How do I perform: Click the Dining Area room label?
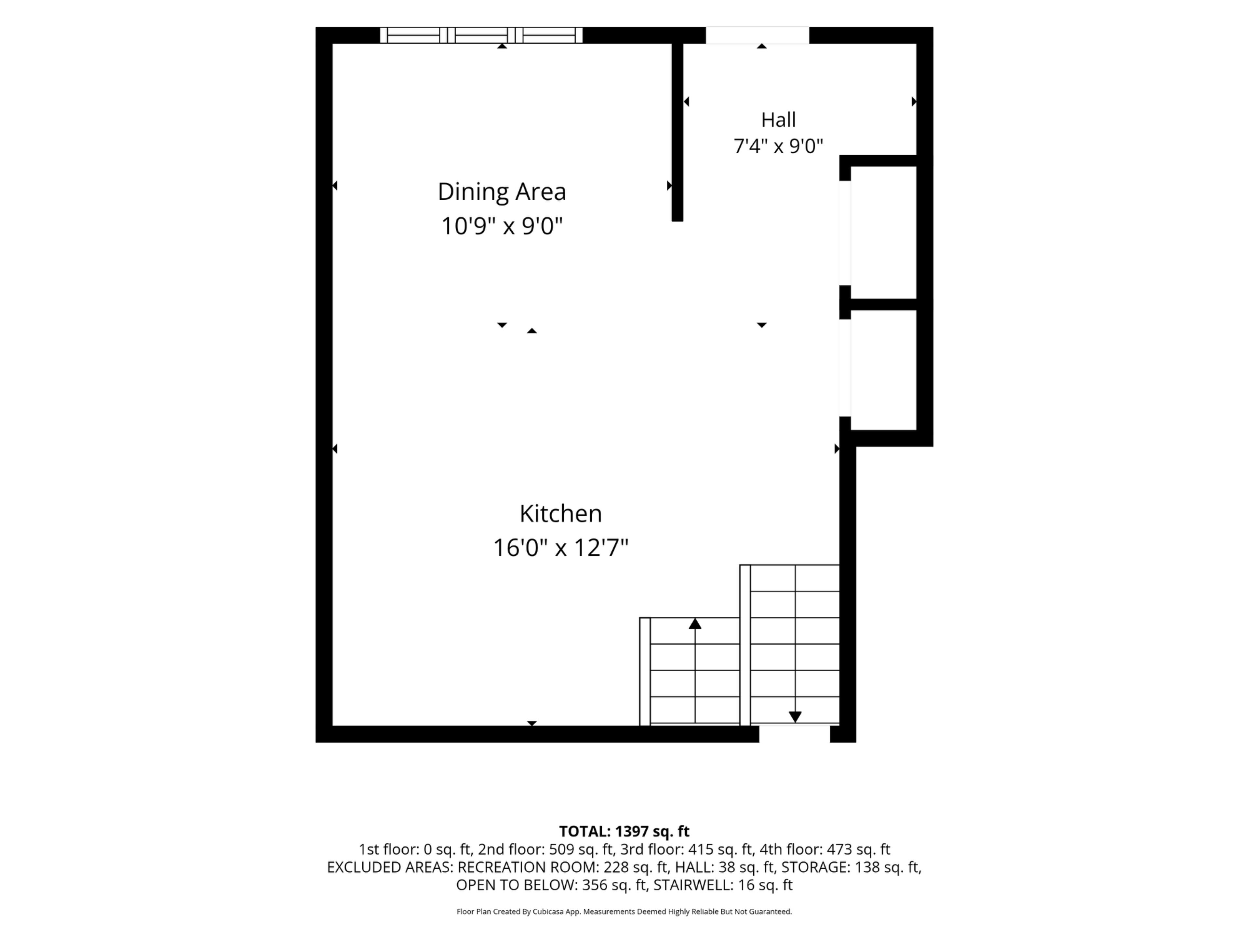coord(502,192)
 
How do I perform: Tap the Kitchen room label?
coord(561,513)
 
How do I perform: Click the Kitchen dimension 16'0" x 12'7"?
coord(561,547)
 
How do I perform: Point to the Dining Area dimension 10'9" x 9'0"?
coord(502,226)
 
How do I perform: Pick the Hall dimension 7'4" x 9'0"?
coord(778,146)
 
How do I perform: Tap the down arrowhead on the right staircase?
coord(795,717)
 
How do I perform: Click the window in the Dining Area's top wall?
coord(481,35)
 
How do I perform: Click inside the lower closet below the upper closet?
coord(883,370)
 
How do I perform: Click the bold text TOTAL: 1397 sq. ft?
coord(624,831)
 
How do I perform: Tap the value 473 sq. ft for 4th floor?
coord(858,849)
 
